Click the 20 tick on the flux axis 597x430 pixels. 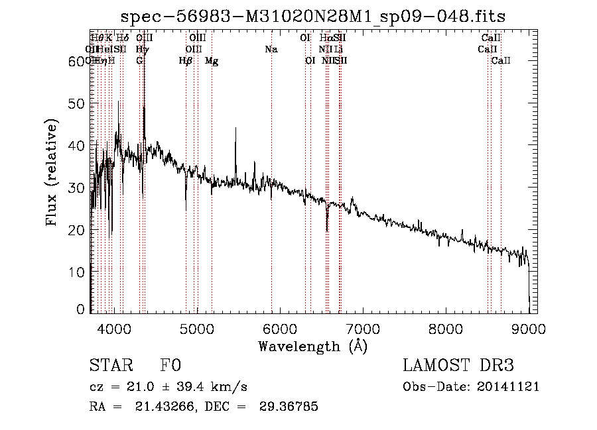coord(78,229)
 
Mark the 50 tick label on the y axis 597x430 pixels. coord(78,103)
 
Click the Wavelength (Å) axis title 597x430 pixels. coord(312,346)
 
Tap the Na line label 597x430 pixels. coord(271,49)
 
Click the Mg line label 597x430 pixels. coord(212,61)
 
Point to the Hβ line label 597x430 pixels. coord(186,61)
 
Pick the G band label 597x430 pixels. coord(139,61)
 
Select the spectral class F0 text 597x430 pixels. coord(170,366)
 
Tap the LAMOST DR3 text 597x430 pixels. coord(458,366)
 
